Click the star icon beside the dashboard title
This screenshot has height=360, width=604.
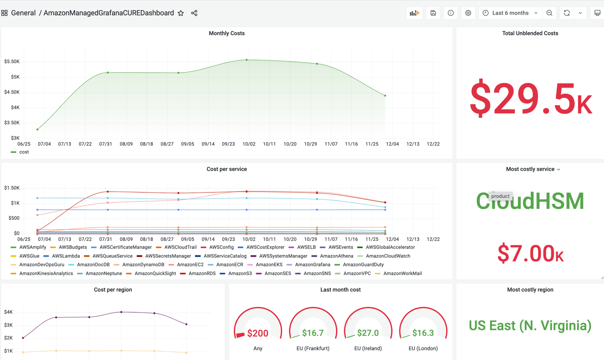(x=181, y=13)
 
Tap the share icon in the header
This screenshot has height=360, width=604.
(x=194, y=13)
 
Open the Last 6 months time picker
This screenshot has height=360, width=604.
(x=510, y=13)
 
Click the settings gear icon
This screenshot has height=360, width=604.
(x=468, y=13)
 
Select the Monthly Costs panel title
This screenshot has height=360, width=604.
(x=226, y=33)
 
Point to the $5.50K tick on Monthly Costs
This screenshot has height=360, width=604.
(x=12, y=62)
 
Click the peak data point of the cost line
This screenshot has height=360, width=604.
(x=247, y=60)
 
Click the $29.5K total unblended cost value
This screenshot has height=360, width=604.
(x=530, y=99)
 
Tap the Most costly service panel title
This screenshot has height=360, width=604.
(x=530, y=169)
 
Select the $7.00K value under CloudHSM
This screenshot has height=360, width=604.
(x=530, y=253)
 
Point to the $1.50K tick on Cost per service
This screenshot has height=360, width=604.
(x=12, y=188)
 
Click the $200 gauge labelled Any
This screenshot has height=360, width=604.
(x=258, y=333)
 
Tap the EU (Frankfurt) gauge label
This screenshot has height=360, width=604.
(x=313, y=349)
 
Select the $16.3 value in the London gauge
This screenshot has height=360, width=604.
(x=423, y=333)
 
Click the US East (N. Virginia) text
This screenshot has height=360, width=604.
(x=530, y=325)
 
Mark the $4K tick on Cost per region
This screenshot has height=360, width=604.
(x=8, y=312)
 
